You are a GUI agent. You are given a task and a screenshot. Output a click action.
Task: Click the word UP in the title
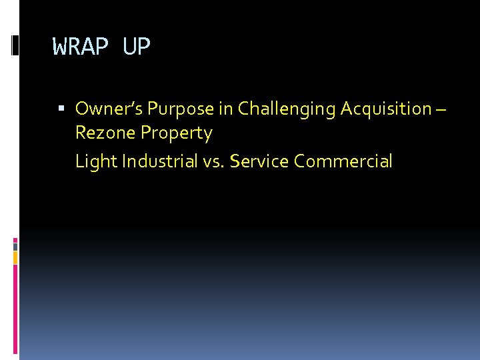pos(137,47)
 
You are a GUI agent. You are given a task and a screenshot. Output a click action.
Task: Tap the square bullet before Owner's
pos(61,108)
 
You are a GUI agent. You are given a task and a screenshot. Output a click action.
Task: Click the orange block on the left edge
pos(15,257)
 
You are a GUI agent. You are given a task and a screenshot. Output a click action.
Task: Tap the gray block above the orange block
pos(15,246)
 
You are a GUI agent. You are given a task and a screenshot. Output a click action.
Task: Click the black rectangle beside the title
pos(15,45)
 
